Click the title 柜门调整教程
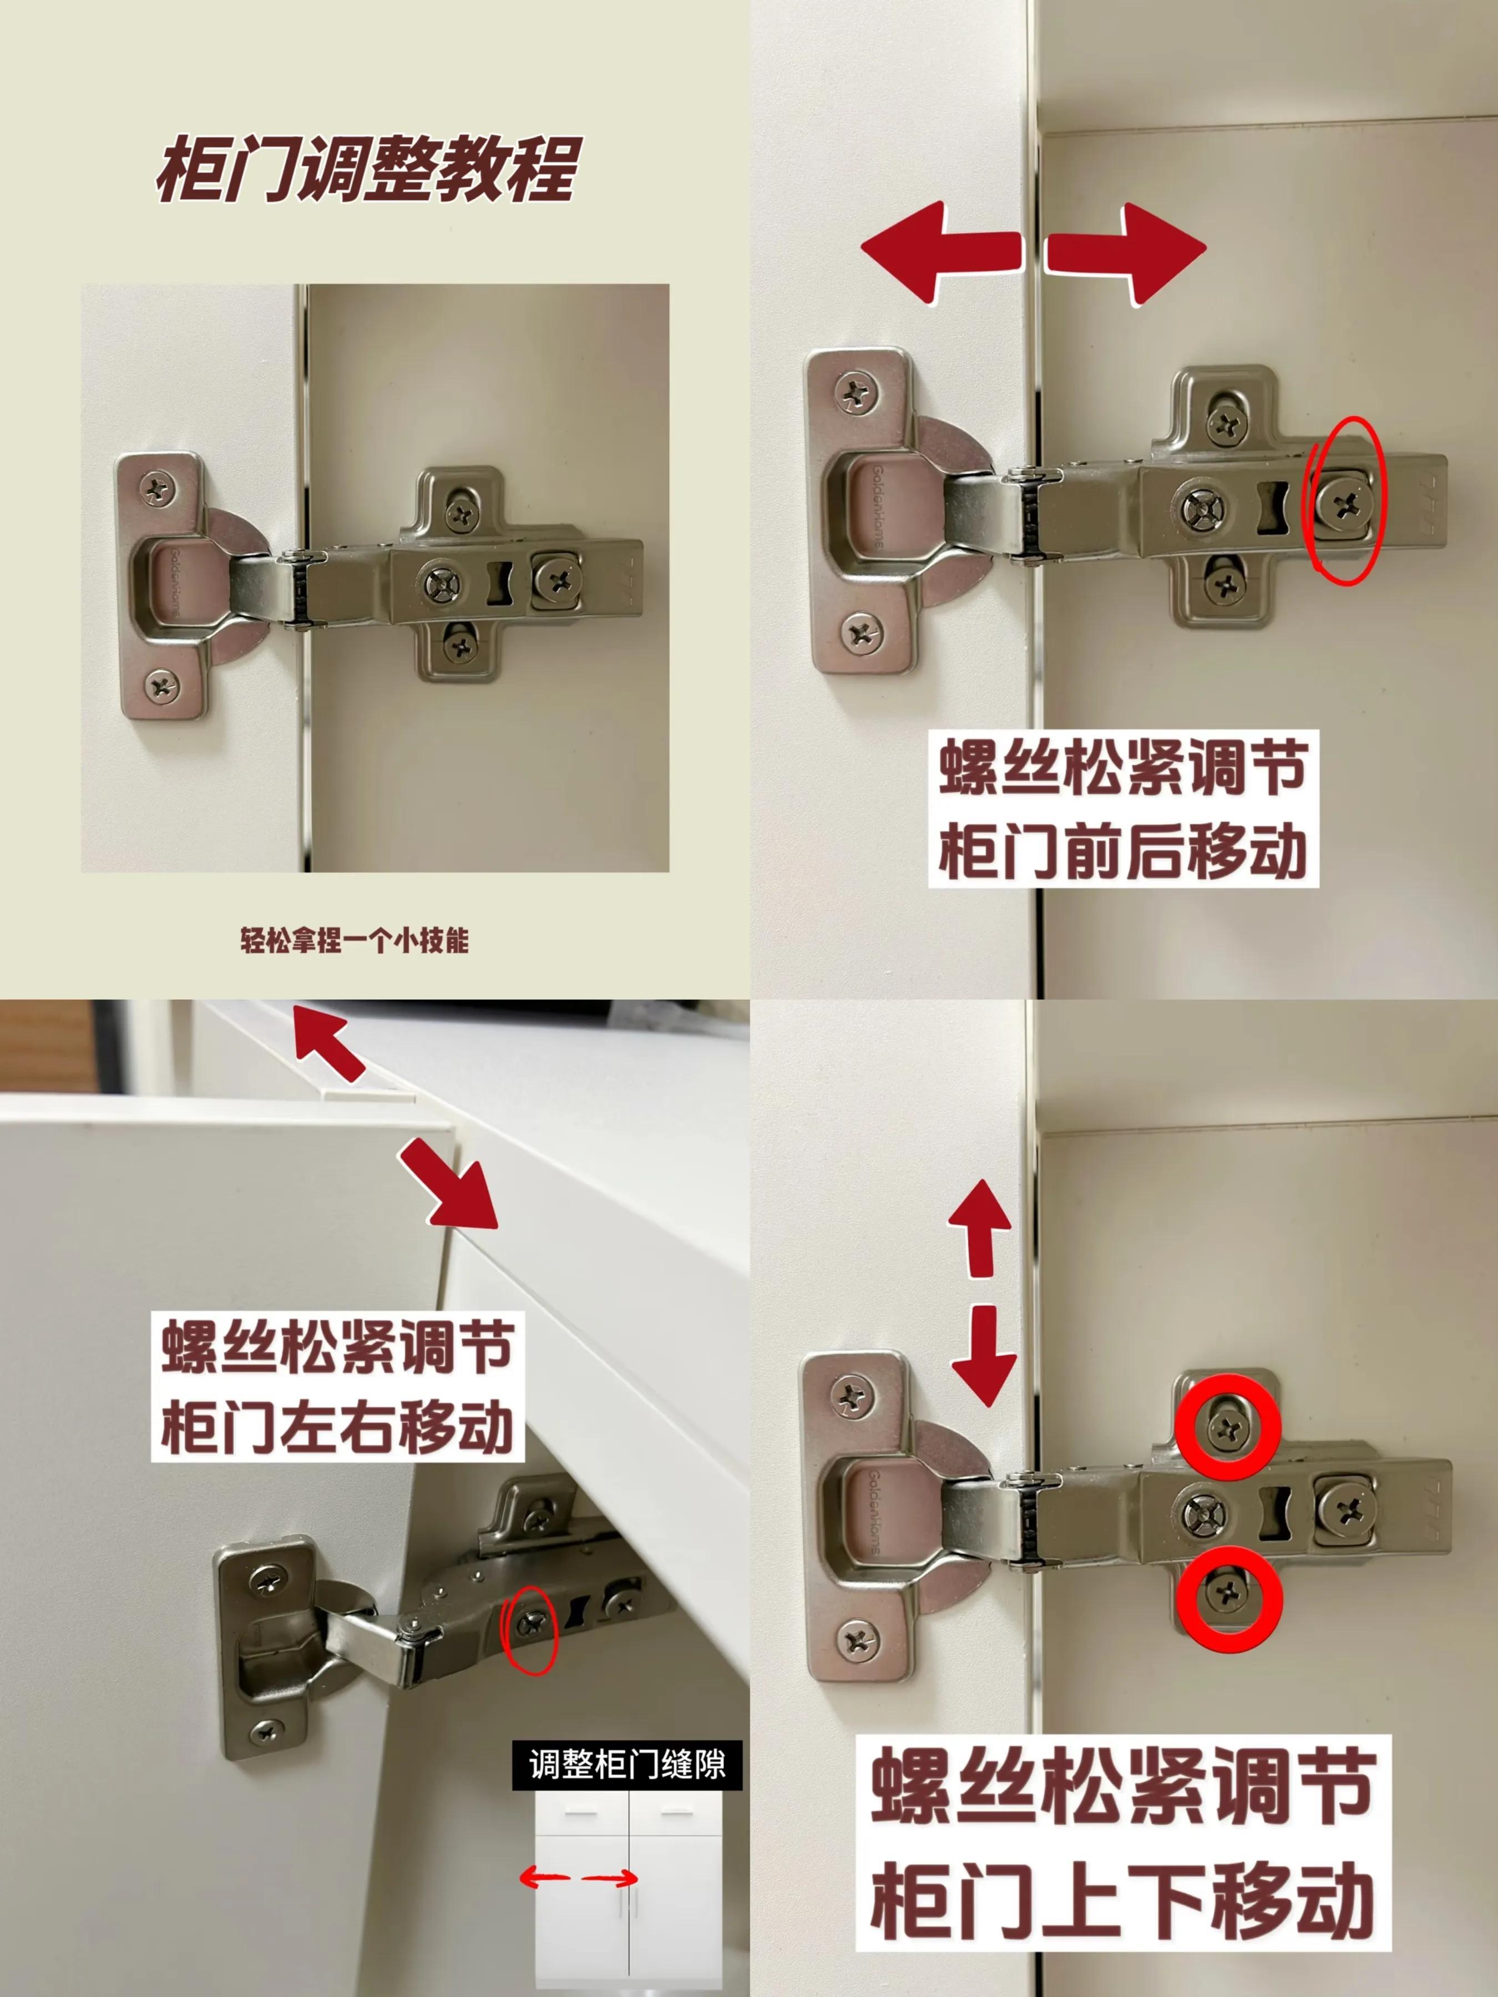366,171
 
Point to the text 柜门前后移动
1123,853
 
